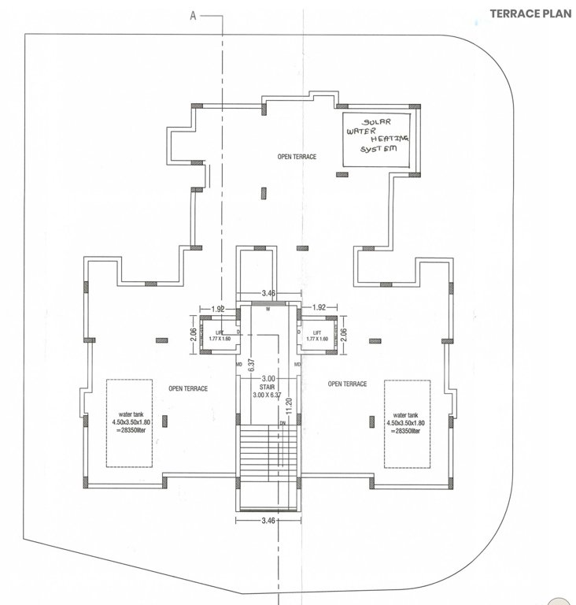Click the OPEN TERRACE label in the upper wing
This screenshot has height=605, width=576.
click(297, 157)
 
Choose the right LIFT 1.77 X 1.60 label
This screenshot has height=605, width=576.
click(317, 336)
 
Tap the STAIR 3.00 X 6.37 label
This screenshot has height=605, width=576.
click(270, 392)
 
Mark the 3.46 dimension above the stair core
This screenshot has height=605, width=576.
click(269, 292)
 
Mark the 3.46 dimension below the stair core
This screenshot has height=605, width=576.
click(269, 521)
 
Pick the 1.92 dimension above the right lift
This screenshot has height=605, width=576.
click(319, 307)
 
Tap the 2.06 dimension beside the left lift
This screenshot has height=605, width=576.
click(193, 334)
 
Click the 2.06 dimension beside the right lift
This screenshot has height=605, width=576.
click(343, 334)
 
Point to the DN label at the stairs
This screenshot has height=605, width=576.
click(282, 424)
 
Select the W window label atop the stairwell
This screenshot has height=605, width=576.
click(268, 310)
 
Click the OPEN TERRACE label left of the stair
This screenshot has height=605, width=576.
click(187, 389)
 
